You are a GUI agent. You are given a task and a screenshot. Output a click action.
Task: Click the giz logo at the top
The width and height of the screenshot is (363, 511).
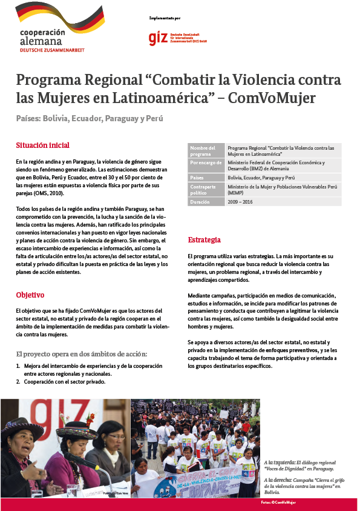[x=159, y=38]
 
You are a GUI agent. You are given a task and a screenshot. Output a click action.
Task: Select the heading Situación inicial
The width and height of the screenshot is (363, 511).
[x=42, y=145]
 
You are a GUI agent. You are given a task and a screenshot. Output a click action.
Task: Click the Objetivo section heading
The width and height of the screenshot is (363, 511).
[x=30, y=295]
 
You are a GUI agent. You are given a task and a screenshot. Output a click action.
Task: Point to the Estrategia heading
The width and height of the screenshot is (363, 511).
[x=204, y=240]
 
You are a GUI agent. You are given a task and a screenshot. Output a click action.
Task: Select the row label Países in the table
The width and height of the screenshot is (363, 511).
[x=197, y=178]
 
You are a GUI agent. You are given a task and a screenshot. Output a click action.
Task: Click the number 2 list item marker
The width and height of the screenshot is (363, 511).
[x=18, y=382]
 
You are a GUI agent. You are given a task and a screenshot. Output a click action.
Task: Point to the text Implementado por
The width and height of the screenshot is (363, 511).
[x=164, y=19]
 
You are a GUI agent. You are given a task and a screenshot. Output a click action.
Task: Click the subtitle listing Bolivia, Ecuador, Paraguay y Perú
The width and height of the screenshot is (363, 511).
[x=90, y=118]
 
